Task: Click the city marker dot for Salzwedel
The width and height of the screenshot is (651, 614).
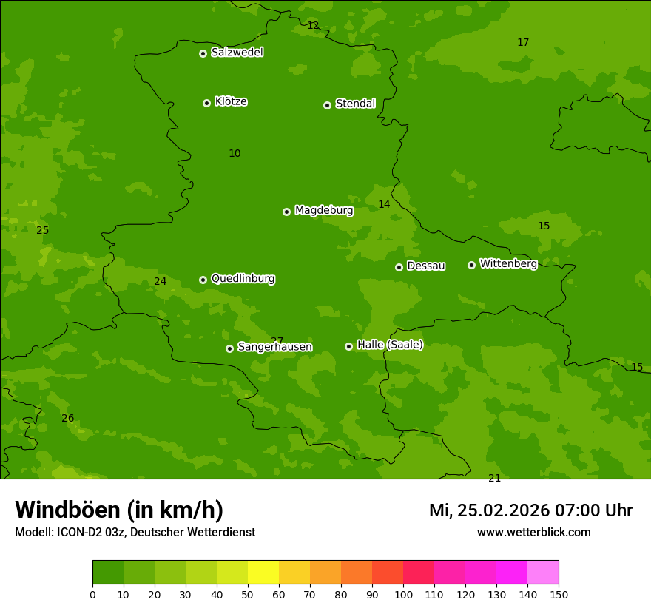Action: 203,53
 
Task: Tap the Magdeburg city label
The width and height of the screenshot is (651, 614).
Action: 324,211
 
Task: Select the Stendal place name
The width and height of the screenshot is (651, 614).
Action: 355,104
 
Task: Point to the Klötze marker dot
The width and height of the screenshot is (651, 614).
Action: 206,103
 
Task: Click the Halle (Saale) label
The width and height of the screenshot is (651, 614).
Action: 390,345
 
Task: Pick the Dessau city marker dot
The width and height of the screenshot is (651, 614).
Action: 399,267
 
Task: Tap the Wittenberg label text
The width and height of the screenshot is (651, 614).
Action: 508,263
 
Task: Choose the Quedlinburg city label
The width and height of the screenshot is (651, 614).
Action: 243,279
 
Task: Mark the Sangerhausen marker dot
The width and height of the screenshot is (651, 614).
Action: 229,348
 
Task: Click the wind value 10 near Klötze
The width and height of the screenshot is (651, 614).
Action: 235,154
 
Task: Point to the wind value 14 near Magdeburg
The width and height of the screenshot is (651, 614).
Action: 384,205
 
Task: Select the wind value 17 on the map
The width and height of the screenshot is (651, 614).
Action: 523,43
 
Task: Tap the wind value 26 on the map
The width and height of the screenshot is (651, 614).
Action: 67,419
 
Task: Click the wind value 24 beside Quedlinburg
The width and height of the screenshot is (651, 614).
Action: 161,282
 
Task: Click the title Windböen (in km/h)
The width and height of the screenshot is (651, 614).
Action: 119,510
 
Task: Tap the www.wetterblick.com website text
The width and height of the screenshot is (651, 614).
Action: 533,533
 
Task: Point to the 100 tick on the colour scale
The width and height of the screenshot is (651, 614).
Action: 403,594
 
